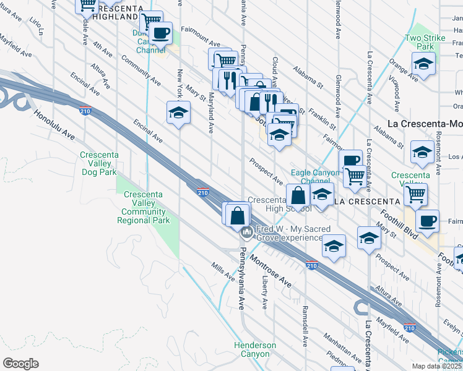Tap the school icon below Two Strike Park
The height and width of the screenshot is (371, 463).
[x=423, y=64]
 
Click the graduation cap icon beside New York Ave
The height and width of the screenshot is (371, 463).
[x=178, y=113]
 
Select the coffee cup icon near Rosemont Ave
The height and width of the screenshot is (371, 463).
[x=426, y=221]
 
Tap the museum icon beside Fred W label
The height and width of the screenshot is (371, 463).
[x=247, y=232]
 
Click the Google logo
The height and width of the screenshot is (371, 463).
[x=20, y=364]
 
